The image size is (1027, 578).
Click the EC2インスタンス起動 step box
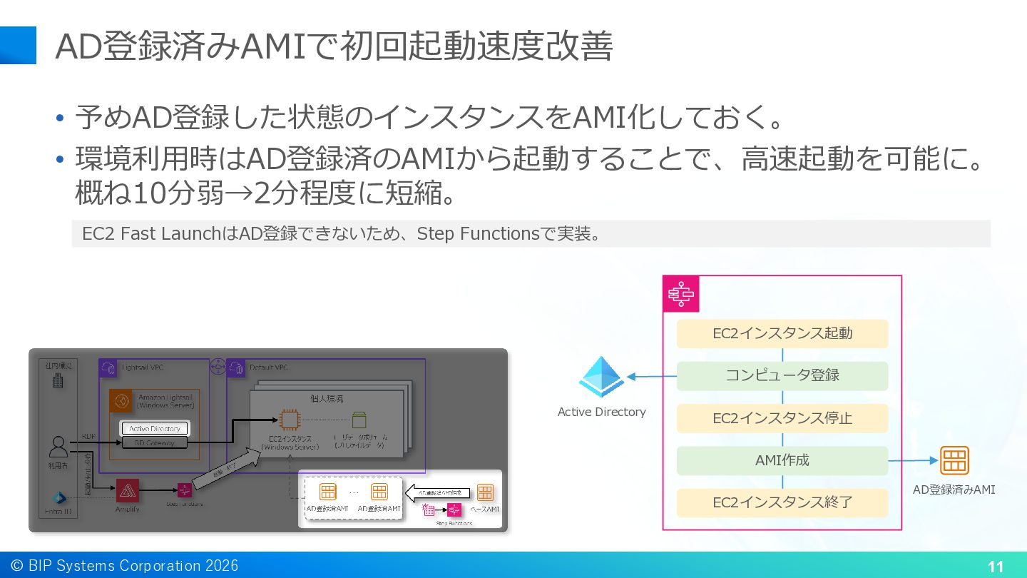click(782, 333)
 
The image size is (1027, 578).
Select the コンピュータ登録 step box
click(782, 375)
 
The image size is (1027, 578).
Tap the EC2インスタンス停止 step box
click(782, 418)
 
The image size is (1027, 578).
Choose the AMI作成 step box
click(782, 460)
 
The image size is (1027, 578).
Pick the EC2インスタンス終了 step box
click(782, 502)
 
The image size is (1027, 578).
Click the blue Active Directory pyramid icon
click(601, 377)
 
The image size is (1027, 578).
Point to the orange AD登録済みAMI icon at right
click(954, 460)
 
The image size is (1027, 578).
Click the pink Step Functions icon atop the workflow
click(681, 294)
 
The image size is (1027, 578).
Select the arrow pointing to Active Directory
click(651, 377)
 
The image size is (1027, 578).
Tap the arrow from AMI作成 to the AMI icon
click(913, 460)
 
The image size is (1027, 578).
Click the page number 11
click(996, 567)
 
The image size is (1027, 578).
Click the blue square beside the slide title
click(18, 46)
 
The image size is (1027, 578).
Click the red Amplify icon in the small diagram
click(127, 490)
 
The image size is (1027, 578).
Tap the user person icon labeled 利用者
click(58, 447)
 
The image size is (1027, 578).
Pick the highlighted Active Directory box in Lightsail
click(155, 429)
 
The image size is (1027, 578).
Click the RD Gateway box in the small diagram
click(155, 443)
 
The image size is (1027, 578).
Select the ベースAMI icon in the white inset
click(485, 492)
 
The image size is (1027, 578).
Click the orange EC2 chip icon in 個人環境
click(288, 420)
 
